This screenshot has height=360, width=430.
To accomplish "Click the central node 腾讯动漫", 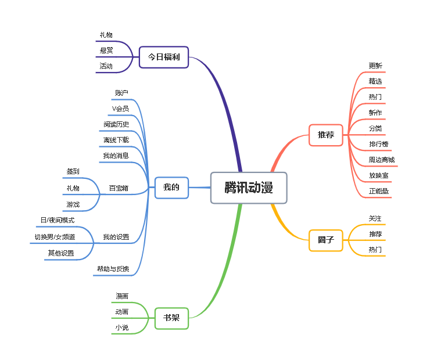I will click(x=249, y=188).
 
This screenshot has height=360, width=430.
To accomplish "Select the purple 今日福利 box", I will click(x=164, y=57).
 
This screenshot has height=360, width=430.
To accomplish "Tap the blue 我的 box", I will click(x=171, y=188).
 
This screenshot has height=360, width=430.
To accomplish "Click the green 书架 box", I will click(x=171, y=318).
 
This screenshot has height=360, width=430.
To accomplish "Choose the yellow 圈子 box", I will click(x=326, y=239).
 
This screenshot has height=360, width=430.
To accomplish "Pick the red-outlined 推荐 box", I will click(x=326, y=135).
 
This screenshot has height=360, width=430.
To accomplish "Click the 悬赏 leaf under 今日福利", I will click(x=106, y=51).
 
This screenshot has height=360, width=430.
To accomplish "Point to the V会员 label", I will click(x=121, y=109).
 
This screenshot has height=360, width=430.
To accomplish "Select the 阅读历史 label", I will click(x=116, y=124).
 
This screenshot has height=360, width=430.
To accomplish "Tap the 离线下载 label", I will click(x=116, y=140).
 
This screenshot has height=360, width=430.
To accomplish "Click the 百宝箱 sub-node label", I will click(x=119, y=188).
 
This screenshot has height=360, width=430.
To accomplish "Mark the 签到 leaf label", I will click(x=73, y=171).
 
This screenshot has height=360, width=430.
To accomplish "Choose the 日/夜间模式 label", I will click(x=58, y=220).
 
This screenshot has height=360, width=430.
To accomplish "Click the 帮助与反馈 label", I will click(x=113, y=269).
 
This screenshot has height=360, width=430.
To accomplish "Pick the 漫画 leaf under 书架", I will click(x=122, y=296).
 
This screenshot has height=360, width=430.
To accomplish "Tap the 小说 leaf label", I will click(x=122, y=328).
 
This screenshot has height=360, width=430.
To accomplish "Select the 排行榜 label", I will click(x=379, y=144).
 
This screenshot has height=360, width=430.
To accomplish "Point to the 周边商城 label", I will click(x=382, y=160).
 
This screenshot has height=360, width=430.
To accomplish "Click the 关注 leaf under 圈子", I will click(x=375, y=218).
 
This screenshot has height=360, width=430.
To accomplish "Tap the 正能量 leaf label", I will click(x=379, y=191).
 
